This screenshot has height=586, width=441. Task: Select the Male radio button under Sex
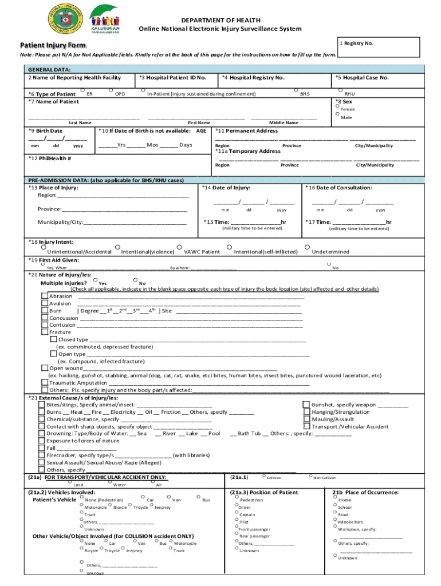pyautogui.click(x=338, y=114)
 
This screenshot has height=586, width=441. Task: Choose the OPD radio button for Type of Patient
pyautogui.click(x=111, y=90)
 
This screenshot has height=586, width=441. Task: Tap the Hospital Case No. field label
pyautogui.click(x=362, y=77)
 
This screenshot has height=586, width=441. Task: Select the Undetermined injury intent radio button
pyautogui.click(x=307, y=247)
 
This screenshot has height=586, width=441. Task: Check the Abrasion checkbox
pyautogui.click(x=45, y=296)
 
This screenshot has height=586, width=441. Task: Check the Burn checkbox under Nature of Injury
pyautogui.click(x=45, y=310)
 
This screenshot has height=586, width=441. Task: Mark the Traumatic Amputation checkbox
pyautogui.click(x=45, y=382)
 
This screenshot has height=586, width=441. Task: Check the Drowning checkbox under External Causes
pyautogui.click(x=42, y=434)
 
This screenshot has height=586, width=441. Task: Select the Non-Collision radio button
pyautogui.click(x=310, y=476)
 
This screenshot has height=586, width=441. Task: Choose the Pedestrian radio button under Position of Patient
pyautogui.click(x=236, y=498)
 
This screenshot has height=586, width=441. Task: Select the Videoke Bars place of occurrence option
pyautogui.click(x=334, y=520)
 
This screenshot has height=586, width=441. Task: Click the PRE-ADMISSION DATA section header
pyautogui.click(x=106, y=180)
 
